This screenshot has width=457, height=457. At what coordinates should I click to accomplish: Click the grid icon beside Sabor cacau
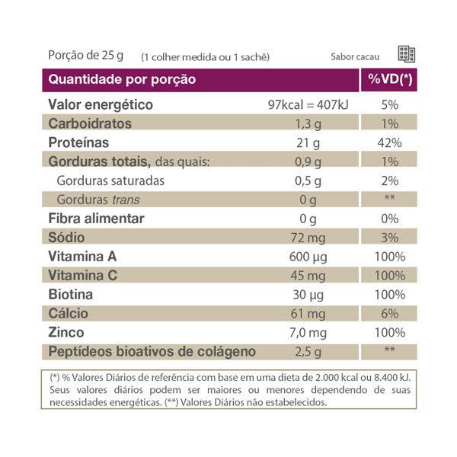coord(406,54)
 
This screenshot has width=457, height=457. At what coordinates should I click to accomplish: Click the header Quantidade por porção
coord(122,79)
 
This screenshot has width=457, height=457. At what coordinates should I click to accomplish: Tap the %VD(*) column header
coord(389,79)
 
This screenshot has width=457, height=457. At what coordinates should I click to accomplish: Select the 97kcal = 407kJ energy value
coord(308,105)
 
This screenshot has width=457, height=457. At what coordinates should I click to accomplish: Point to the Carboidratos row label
coord(90,124)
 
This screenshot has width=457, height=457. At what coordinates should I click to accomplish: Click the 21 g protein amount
coord(308,143)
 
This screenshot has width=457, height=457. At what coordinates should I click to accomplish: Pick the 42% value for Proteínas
coord(388,143)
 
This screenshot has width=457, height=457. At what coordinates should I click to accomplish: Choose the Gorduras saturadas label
coord(110,181)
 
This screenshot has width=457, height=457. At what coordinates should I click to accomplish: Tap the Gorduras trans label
coord(98,200)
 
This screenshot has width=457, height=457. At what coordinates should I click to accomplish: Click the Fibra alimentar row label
coord(96,219)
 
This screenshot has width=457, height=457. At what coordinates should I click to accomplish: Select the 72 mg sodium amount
coord(308,238)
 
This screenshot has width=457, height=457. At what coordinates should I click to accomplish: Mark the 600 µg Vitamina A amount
coord(308,257)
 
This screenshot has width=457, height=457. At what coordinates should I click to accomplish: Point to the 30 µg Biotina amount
coord(308,295)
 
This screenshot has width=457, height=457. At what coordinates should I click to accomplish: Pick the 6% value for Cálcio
coord(388,314)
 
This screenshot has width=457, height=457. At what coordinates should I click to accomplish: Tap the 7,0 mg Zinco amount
coord(308,333)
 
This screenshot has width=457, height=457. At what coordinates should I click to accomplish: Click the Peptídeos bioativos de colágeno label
coord(152,352)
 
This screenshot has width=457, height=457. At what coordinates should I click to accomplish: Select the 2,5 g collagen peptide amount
coord(308,352)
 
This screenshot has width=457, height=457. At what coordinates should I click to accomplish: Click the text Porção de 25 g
coord(85,55)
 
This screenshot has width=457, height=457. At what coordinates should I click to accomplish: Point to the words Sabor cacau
coord(355,56)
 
